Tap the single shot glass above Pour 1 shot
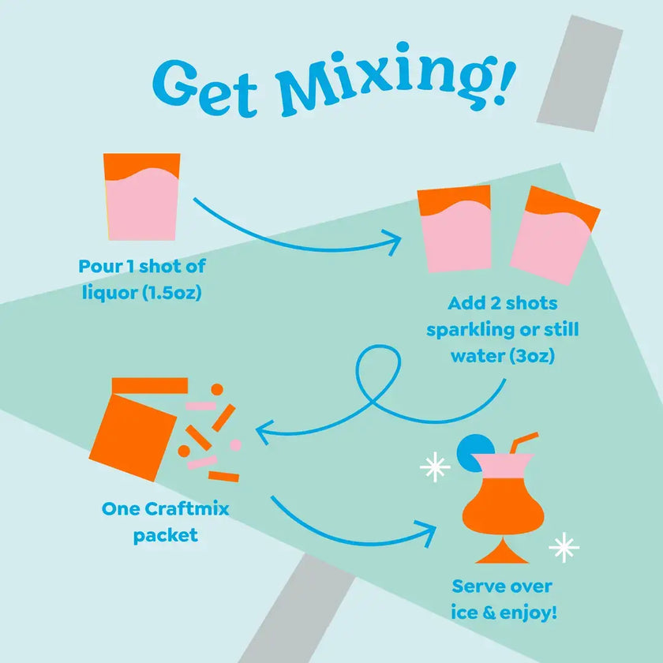(x=141, y=197)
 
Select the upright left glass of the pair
(x=455, y=229)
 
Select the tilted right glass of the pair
(x=553, y=235)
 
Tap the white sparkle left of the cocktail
(x=434, y=468)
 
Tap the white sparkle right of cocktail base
(x=564, y=547)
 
